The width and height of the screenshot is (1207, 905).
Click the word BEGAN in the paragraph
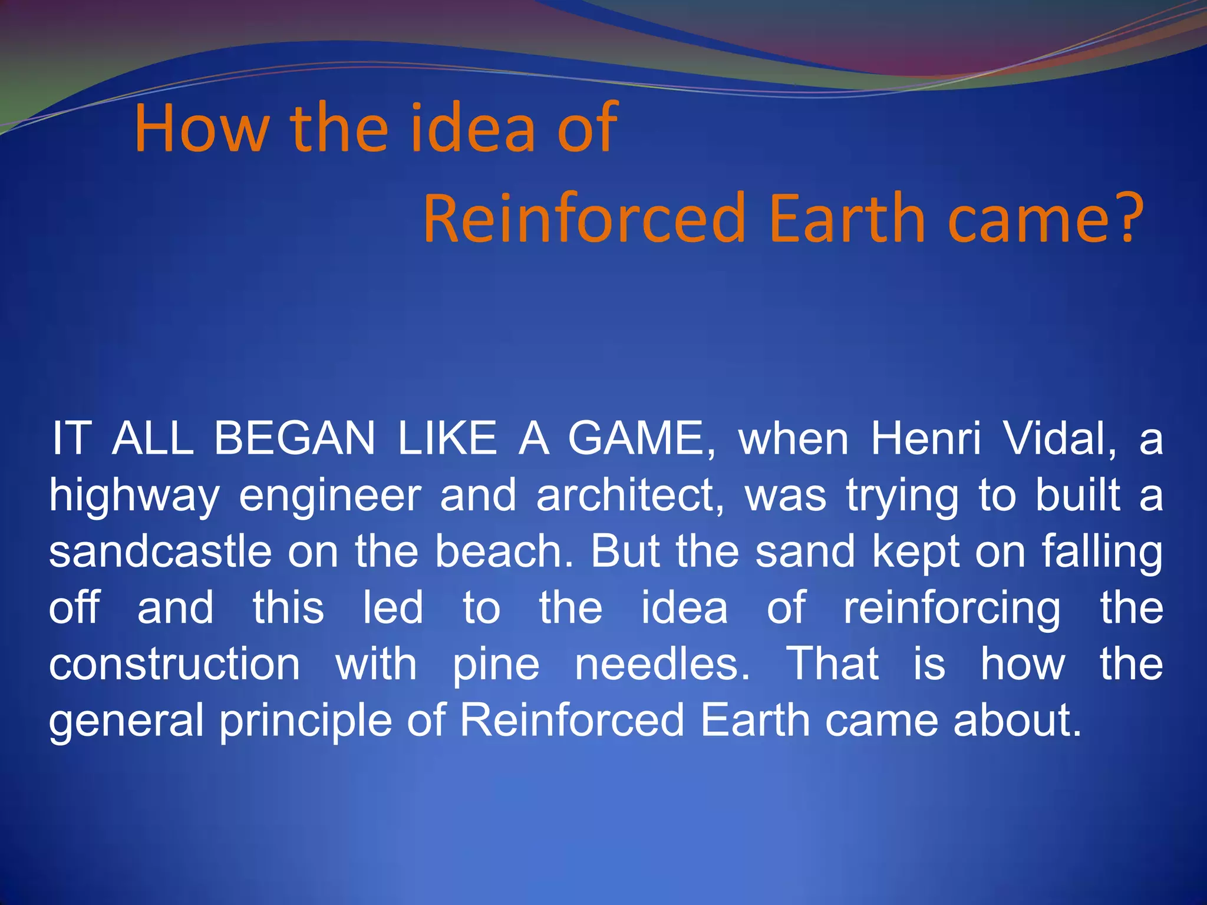coord(294,439)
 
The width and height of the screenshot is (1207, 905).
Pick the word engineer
coord(330,497)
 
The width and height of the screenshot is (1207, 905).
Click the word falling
coord(1102,553)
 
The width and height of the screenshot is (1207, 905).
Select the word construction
coord(174,665)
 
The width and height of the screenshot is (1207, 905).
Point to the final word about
coord(1017,720)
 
